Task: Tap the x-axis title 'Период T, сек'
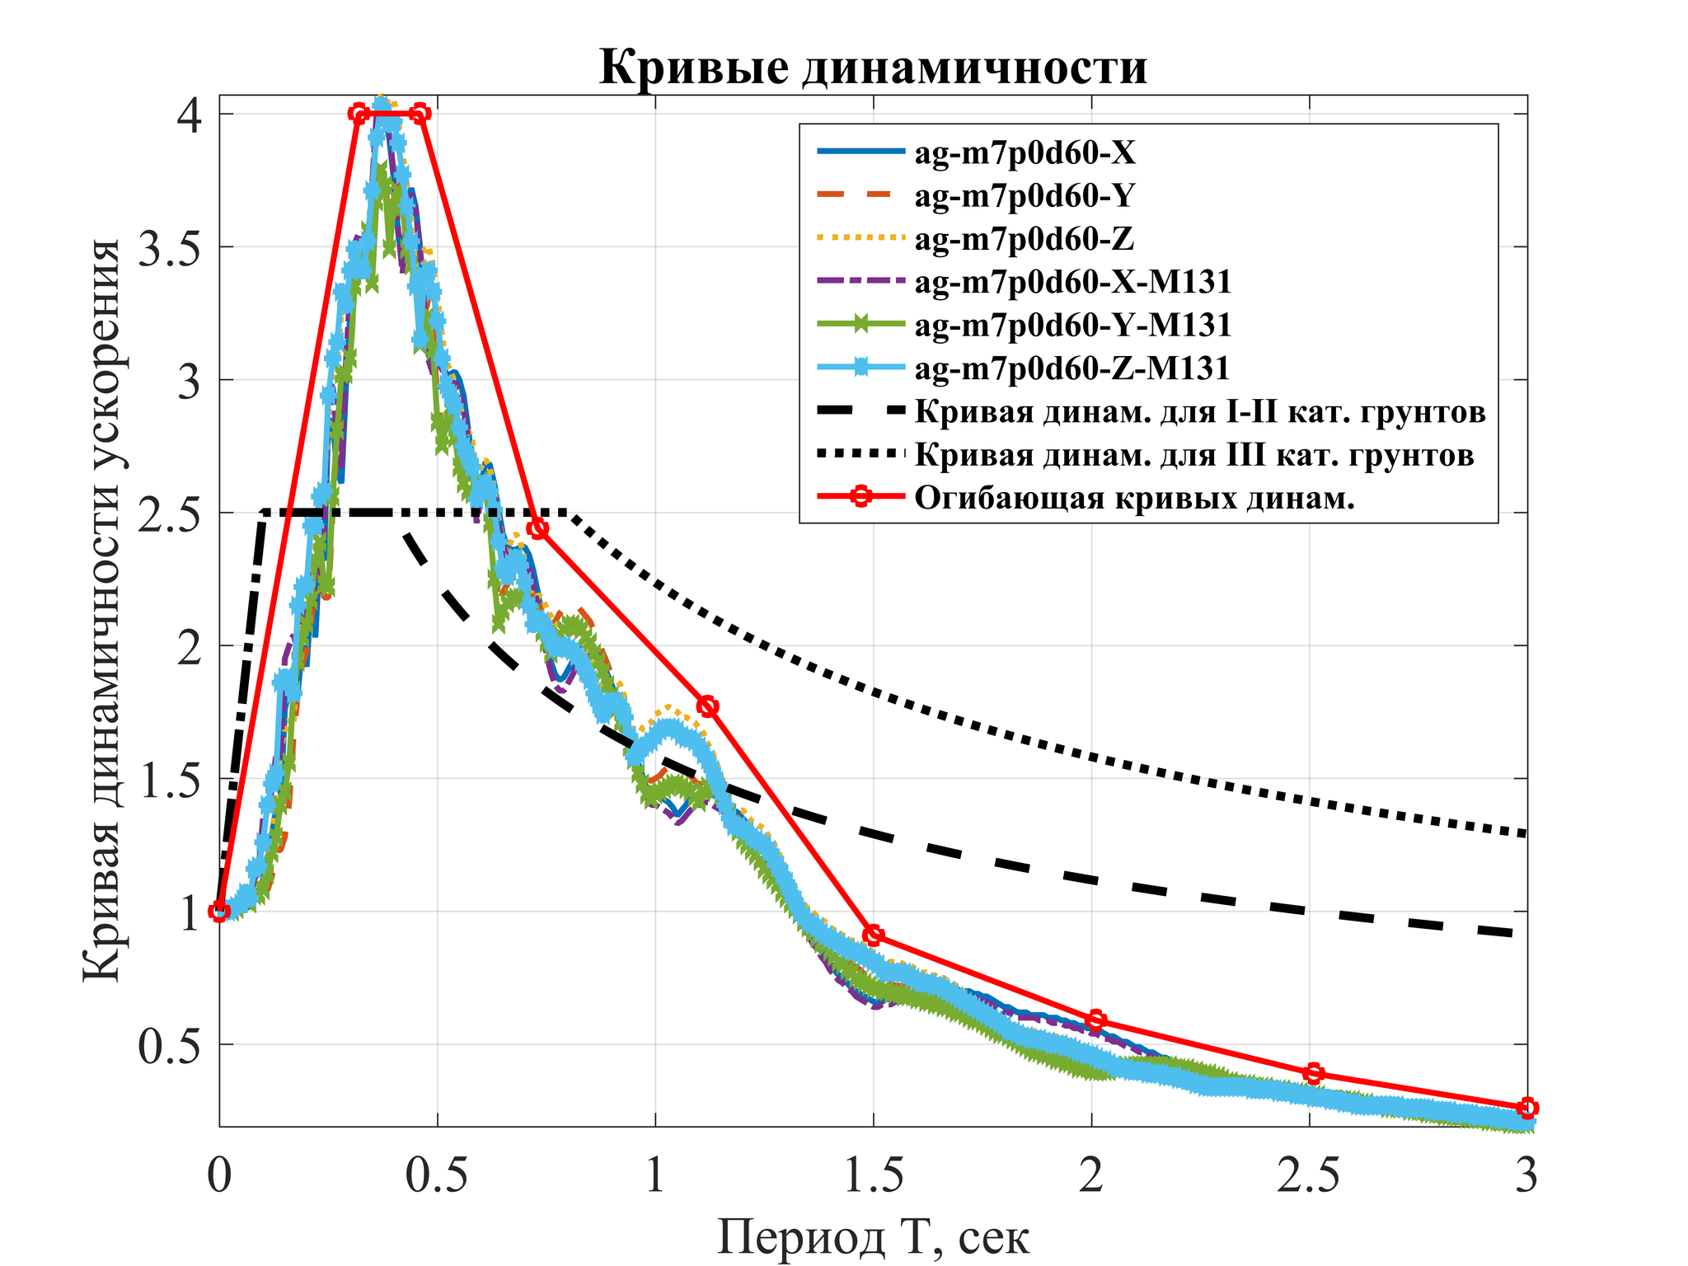click(x=873, y=1236)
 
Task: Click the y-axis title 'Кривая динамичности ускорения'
click(x=102, y=611)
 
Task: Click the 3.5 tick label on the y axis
click(x=169, y=248)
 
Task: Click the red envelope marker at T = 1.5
click(x=874, y=935)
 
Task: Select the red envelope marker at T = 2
click(x=1095, y=1020)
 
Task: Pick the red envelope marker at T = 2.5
click(x=1314, y=1073)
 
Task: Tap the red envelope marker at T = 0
click(x=219, y=911)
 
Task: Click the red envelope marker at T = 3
click(x=1527, y=1107)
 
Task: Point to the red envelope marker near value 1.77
click(x=707, y=706)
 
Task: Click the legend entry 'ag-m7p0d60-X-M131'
click(x=1072, y=282)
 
